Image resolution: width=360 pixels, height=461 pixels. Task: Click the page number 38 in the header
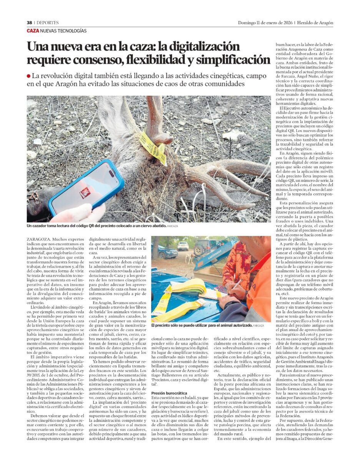tap(29, 23)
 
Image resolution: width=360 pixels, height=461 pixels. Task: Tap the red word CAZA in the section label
tap(33, 31)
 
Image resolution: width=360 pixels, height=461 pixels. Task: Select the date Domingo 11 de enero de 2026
tap(265, 23)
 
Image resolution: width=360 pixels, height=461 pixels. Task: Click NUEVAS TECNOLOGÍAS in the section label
tap(63, 31)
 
